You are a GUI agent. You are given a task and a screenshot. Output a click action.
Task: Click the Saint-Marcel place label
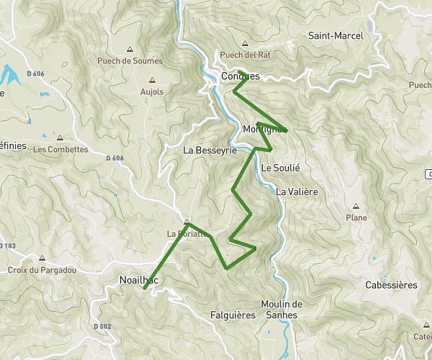[335, 35]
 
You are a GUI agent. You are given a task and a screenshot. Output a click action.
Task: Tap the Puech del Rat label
[246, 55]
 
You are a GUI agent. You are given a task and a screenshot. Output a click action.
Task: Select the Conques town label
[240, 76]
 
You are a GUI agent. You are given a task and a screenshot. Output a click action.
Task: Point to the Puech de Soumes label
[130, 61]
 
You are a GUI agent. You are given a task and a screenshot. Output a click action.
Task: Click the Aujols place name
[152, 91]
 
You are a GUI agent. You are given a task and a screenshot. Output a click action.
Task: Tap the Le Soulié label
[280, 167]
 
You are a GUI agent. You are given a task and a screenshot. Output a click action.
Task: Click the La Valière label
[297, 192]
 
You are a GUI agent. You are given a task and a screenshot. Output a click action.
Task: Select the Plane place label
[356, 217]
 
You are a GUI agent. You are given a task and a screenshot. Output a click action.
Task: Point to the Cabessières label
[391, 285]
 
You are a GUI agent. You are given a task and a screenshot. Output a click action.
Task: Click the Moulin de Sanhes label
[282, 309]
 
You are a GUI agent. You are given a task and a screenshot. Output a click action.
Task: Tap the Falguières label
[233, 315]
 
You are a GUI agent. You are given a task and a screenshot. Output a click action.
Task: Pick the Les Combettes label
[60, 149]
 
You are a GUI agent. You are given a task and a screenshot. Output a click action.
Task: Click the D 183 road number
[8, 246]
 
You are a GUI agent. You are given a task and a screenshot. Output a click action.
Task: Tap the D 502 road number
[102, 326]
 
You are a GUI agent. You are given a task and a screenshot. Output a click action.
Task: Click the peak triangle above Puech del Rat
[246, 43]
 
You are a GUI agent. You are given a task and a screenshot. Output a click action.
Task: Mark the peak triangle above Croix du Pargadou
[43, 258]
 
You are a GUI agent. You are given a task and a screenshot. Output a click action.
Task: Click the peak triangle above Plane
[356, 206]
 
